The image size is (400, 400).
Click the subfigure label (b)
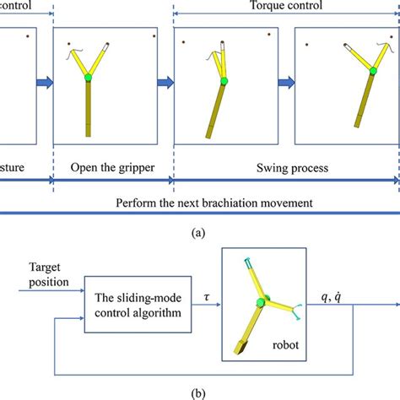(x=199, y=391)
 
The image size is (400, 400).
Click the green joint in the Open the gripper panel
(x=88, y=78)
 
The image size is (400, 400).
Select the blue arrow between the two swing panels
(x=286, y=83)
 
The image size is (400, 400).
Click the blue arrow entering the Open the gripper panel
(x=44, y=83)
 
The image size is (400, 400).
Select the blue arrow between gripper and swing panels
(x=166, y=83)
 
